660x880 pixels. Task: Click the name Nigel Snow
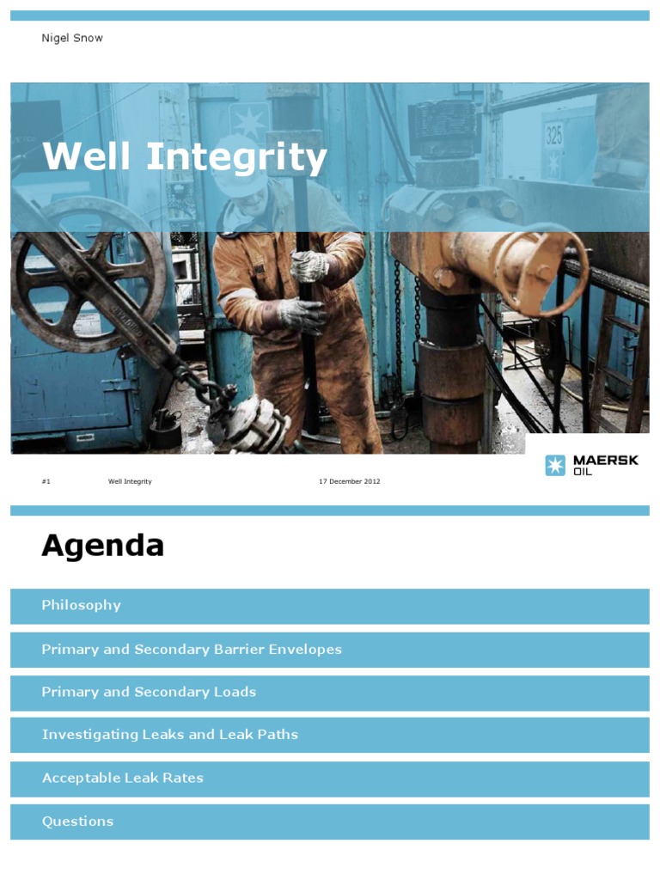[72, 38]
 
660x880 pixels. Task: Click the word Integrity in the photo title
[237, 157]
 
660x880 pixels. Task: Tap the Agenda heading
[102, 546]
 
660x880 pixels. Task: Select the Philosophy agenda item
[82, 605]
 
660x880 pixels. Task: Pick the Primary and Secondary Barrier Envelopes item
[192, 650]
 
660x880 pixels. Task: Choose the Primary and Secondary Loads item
[149, 692]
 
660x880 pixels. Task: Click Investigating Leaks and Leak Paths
[170, 735]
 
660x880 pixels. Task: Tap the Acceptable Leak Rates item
[123, 778]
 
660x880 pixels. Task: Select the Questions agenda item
[77, 822]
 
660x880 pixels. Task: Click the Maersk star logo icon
[555, 465]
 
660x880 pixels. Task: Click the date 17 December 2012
[349, 481]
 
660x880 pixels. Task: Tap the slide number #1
[46, 481]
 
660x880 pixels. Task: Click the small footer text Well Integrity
[130, 481]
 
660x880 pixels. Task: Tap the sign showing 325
[553, 136]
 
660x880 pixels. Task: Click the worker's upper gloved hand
[308, 266]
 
